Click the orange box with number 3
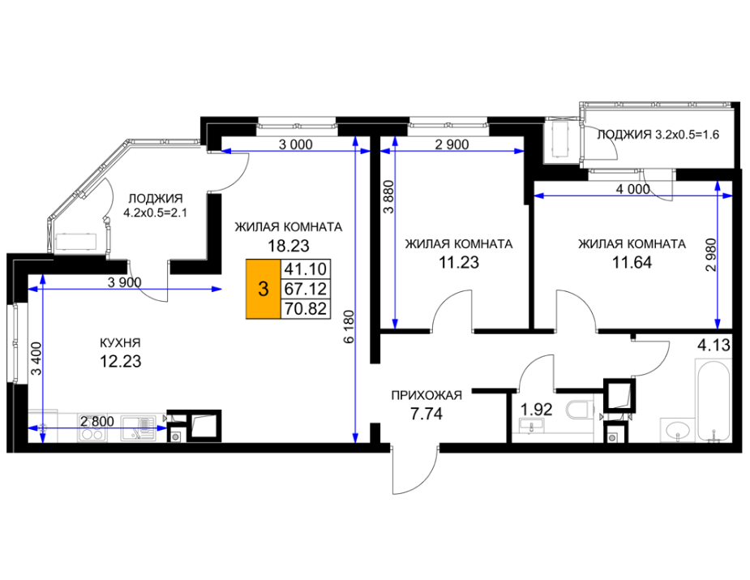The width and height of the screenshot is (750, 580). point(263,289)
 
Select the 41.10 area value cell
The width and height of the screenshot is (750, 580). point(305,269)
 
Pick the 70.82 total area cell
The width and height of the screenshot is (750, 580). point(305,309)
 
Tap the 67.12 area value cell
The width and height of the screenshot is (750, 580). point(305,289)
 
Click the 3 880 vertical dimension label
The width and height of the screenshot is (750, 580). point(389,196)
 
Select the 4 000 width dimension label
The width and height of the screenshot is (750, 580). point(632,189)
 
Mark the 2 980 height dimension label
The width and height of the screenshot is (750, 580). point(712,255)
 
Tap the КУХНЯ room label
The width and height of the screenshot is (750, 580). point(120,343)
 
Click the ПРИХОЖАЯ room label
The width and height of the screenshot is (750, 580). point(426,395)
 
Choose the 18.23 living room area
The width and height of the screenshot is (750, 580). point(289,246)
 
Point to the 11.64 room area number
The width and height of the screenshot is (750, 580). point(632,263)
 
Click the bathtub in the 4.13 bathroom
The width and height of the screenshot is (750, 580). point(713,401)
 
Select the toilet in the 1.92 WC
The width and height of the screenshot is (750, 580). point(580,410)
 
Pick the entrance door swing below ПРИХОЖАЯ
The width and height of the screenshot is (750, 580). point(415,470)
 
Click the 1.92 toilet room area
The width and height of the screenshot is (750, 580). point(536,409)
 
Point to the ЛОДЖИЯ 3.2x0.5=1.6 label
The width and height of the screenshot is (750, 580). point(658,135)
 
